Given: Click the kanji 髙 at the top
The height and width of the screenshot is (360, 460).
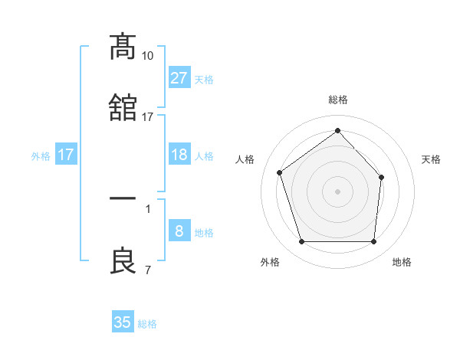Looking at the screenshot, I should [x=123, y=47].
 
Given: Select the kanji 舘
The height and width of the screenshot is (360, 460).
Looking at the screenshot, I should [x=123, y=109].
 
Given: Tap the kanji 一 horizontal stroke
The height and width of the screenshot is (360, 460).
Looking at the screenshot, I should [x=123, y=198].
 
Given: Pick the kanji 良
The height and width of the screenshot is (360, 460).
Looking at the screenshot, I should [x=123, y=260].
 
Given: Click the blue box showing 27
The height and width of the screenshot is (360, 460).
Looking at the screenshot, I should [x=179, y=78].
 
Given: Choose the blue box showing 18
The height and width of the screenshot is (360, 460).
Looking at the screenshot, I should [x=179, y=155].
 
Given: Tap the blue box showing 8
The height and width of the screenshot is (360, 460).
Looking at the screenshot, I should [x=179, y=231].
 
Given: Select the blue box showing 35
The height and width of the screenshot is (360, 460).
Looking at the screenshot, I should [x=123, y=322].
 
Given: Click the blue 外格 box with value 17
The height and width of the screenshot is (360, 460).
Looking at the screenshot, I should [x=66, y=155].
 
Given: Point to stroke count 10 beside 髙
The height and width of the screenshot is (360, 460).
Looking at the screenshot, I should [x=148, y=56].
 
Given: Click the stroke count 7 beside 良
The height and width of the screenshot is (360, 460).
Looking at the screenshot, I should [x=147, y=270].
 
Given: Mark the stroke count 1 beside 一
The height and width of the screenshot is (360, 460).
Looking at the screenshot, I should [x=147, y=208].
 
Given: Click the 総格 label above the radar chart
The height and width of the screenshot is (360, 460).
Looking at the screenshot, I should [x=337, y=100].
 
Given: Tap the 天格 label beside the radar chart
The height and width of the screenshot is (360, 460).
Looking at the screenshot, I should [x=431, y=159].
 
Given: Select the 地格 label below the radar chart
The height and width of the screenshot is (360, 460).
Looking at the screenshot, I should [x=402, y=262].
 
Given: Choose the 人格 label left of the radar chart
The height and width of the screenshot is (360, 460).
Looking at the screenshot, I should [x=245, y=159].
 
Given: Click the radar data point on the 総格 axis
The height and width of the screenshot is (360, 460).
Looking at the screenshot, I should [x=337, y=131].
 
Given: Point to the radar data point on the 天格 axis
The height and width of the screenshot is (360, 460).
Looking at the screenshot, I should [x=383, y=176].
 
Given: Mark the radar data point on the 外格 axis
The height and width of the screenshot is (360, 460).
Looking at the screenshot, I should [x=301, y=242].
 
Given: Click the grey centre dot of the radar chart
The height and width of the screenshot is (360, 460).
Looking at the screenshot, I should [x=337, y=191].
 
